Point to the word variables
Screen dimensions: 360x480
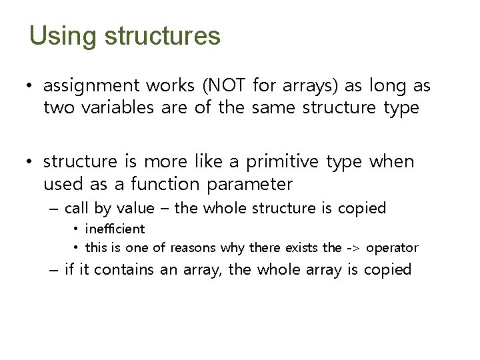pyautogui.click(x=117, y=108)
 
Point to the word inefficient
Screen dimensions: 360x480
pyautogui.click(x=115, y=229)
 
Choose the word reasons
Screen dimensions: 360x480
pyautogui.click(x=193, y=248)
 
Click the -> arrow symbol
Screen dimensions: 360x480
pyautogui.click(x=353, y=248)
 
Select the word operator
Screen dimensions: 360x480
pyautogui.click(x=392, y=249)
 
